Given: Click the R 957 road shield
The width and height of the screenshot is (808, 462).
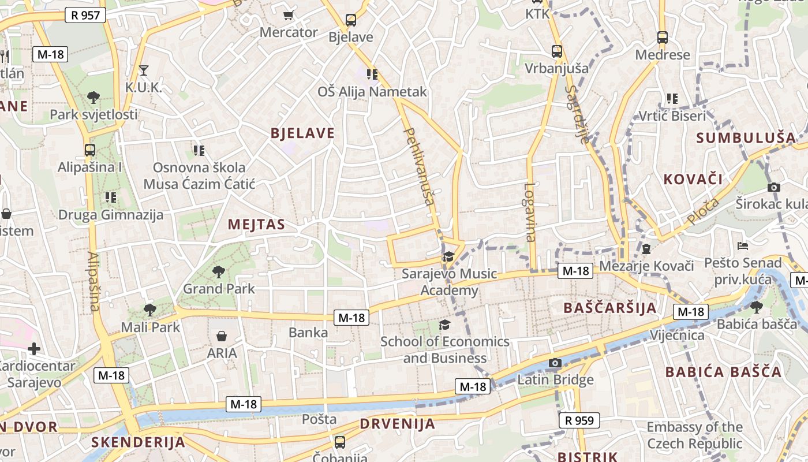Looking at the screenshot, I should pyautogui.click(x=86, y=15).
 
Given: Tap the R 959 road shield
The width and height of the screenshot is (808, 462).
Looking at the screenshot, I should pyautogui.click(x=579, y=420).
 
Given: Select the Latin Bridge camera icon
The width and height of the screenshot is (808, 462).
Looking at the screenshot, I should pyautogui.click(x=555, y=363).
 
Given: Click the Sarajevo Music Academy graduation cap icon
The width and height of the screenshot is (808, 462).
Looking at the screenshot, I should pyautogui.click(x=448, y=256).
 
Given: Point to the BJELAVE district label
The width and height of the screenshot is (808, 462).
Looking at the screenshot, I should pyautogui.click(x=302, y=133).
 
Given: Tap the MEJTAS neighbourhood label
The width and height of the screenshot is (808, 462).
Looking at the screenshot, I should pyautogui.click(x=256, y=225).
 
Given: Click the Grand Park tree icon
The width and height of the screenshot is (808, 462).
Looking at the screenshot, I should pyautogui.click(x=219, y=271).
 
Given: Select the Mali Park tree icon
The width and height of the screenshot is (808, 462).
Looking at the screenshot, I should pyautogui.click(x=150, y=310).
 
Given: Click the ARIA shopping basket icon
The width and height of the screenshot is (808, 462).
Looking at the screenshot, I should pyautogui.click(x=222, y=336).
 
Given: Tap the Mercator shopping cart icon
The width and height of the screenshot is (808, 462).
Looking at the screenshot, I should pyautogui.click(x=288, y=15).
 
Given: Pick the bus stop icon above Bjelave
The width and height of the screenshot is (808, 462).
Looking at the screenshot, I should pyautogui.click(x=350, y=20).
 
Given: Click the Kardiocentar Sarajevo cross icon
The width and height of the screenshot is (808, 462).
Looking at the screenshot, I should pyautogui.click(x=34, y=349).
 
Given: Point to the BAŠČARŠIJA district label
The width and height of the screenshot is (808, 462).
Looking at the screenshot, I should pyautogui.click(x=610, y=308).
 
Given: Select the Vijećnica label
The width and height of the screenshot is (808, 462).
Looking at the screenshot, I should pyautogui.click(x=677, y=336).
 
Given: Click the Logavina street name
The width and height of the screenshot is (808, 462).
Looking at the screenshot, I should pyautogui.click(x=530, y=212).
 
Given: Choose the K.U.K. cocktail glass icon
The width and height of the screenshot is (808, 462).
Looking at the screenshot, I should pyautogui.click(x=144, y=70).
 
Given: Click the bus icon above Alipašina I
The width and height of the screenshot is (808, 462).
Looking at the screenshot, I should pyautogui.click(x=90, y=150).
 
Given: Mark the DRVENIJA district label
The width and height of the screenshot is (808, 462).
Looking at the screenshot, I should pyautogui.click(x=398, y=424).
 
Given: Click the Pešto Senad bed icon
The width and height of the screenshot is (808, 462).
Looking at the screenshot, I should pyautogui.click(x=743, y=246).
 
